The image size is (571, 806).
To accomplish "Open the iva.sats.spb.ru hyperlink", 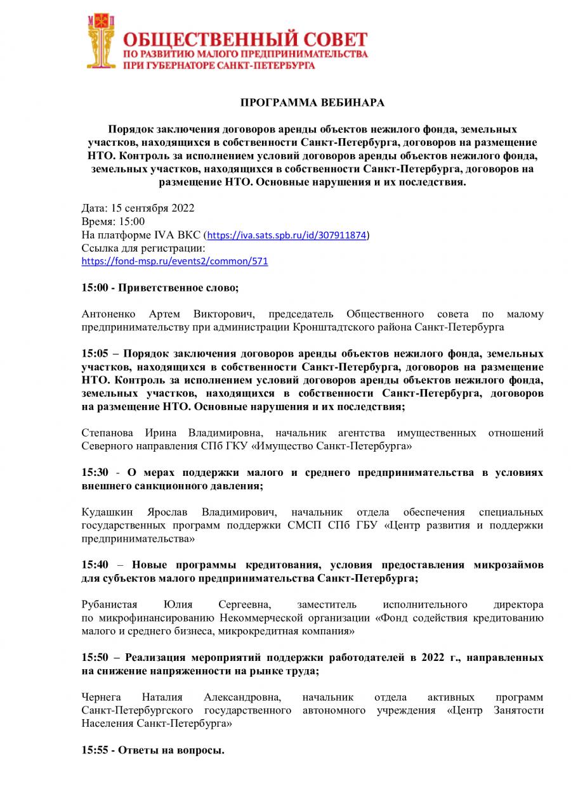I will (x=287, y=235).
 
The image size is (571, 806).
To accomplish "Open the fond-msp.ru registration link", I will (x=174, y=261).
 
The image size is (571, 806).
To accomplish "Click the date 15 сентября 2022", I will (x=152, y=208).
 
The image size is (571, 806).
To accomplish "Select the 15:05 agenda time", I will (x=95, y=352).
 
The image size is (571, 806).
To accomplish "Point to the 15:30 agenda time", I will (x=95, y=473).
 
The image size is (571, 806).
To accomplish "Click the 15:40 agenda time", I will (x=95, y=565).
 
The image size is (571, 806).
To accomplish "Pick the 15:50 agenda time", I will (x=95, y=657).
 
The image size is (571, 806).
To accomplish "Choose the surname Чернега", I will (x=102, y=697).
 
